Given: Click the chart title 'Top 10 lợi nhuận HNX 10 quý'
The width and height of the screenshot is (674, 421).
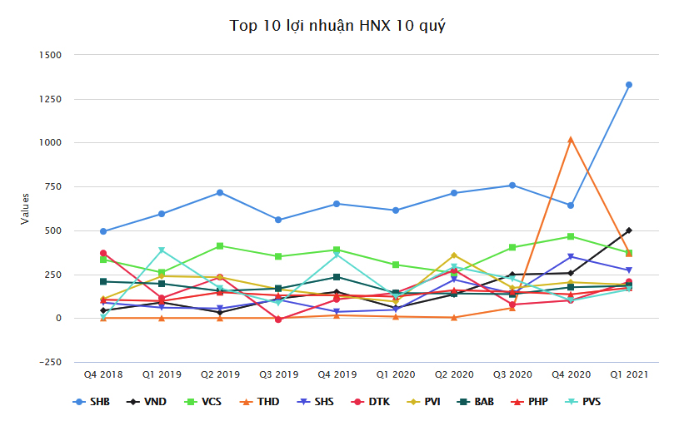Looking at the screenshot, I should [x=337, y=27].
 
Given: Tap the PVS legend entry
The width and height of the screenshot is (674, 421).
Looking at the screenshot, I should [x=587, y=402].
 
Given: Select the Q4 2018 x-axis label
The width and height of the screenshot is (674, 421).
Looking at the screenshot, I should [x=102, y=375].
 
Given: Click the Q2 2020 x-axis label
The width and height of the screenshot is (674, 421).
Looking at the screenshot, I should [x=453, y=375].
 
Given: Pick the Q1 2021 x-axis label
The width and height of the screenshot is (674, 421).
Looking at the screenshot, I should [x=629, y=375].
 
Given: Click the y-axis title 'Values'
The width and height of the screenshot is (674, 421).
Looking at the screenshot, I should [x=25, y=208].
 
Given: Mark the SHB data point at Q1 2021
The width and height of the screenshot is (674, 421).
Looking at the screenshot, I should [x=629, y=85].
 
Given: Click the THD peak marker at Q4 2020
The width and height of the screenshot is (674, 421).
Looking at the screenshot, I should [x=571, y=139].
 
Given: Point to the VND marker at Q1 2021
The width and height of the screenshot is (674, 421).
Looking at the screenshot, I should [x=629, y=230].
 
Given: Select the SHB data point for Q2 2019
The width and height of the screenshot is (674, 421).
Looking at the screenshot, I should [x=220, y=192].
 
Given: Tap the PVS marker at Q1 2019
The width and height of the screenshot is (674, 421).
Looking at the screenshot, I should [x=162, y=250].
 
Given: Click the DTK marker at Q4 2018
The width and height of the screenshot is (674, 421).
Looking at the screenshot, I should [x=103, y=253].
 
